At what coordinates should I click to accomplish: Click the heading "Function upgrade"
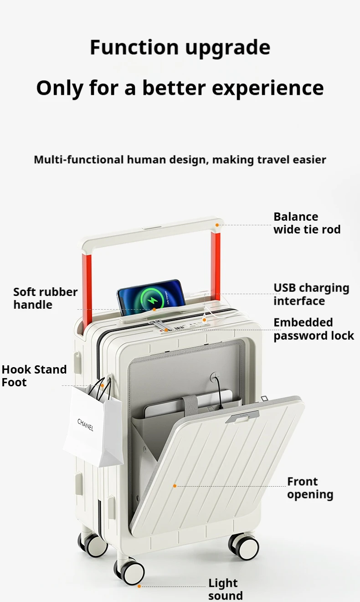click(180, 47)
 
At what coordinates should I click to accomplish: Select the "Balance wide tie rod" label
click(307, 223)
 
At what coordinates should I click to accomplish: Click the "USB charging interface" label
click(311, 294)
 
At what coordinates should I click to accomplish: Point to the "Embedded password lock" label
click(314, 329)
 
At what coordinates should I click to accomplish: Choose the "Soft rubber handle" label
click(45, 298)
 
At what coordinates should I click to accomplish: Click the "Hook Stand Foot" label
click(34, 376)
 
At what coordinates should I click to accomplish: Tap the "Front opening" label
click(310, 488)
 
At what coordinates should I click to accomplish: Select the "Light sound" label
click(226, 589)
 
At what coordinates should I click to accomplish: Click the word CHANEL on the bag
click(85, 425)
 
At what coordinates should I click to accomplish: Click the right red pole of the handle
click(216, 260)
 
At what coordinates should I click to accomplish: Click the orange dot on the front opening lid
click(175, 486)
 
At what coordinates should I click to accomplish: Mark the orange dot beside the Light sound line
click(139, 586)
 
